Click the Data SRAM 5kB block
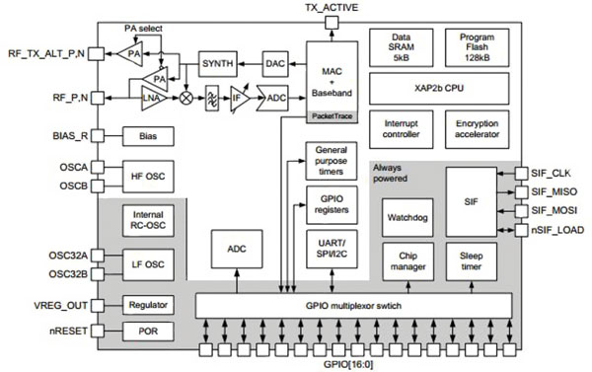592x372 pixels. [x=399, y=47]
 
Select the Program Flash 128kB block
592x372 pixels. [x=478, y=47]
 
